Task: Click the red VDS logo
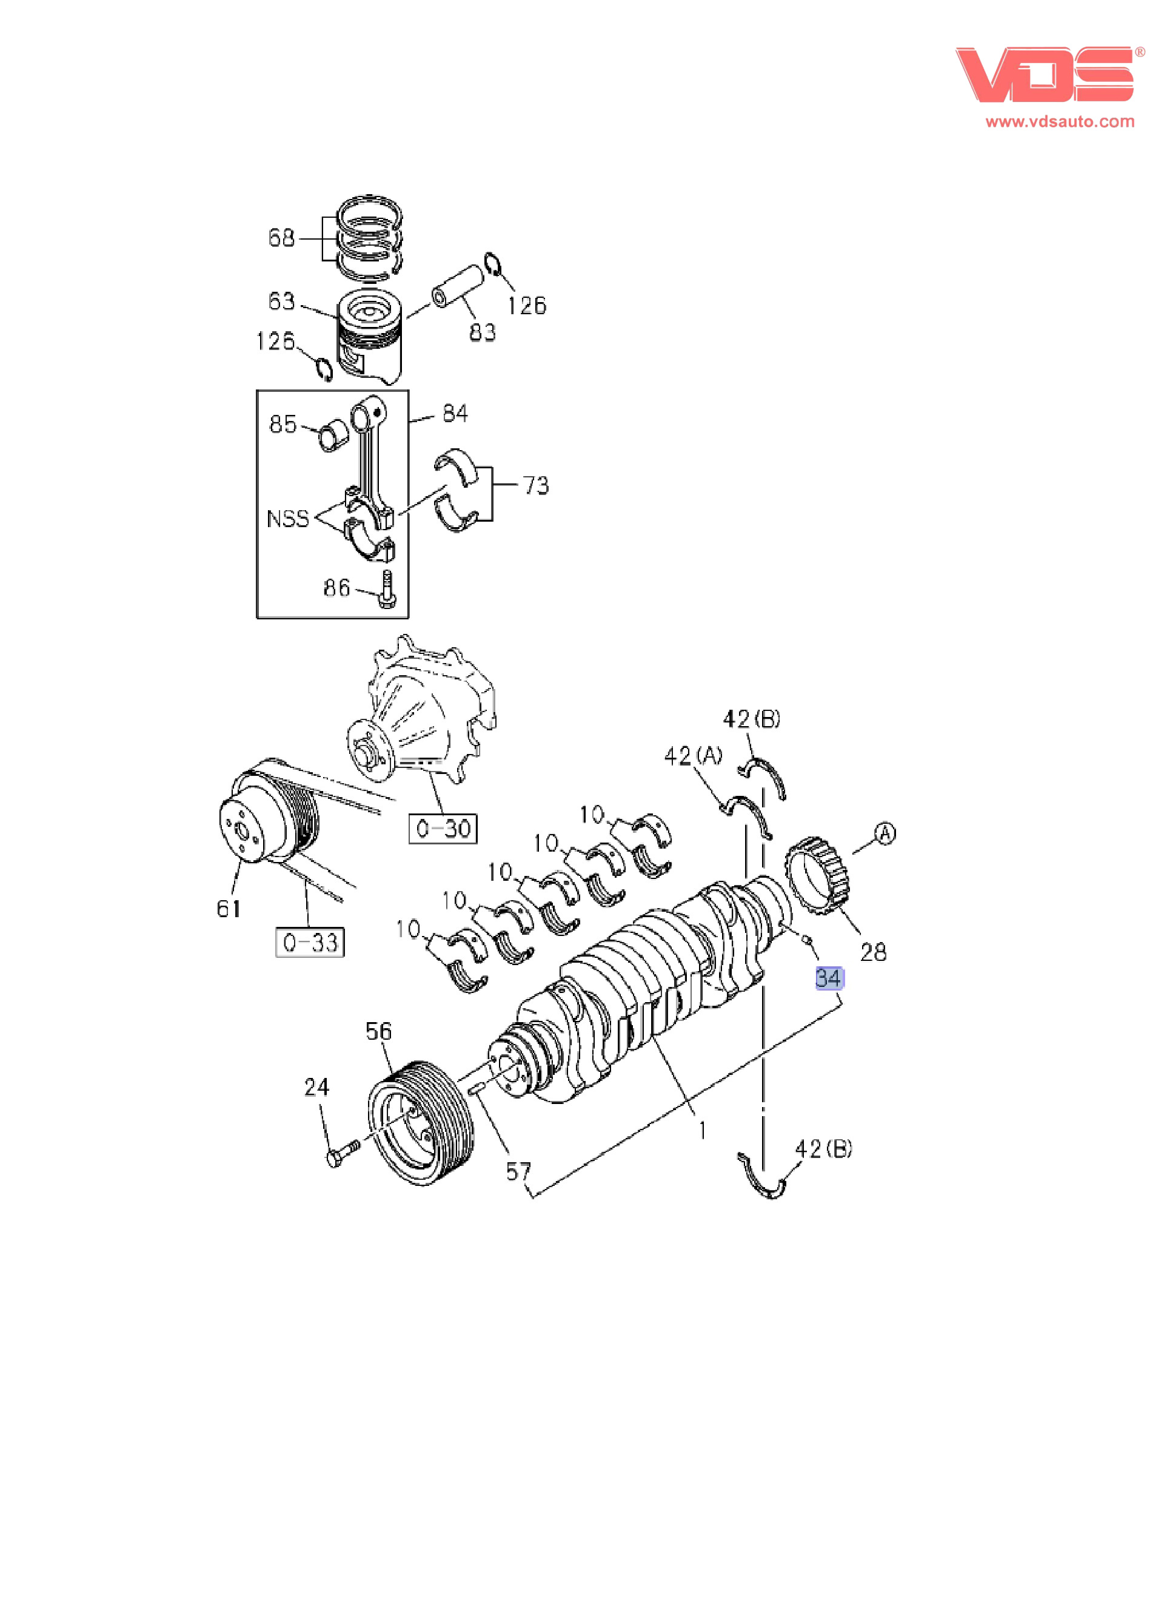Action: point(1045,75)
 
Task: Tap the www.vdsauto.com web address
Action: point(1060,122)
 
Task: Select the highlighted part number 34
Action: point(829,978)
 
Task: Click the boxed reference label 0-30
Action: point(443,829)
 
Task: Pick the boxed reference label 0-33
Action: point(310,943)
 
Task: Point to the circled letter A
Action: point(885,833)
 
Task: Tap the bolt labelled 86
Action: point(387,590)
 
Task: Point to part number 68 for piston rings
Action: point(281,238)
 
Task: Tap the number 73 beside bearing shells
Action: point(535,485)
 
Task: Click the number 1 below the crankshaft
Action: point(702,1131)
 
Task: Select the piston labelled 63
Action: point(370,335)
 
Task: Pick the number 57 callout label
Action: point(518,1172)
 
